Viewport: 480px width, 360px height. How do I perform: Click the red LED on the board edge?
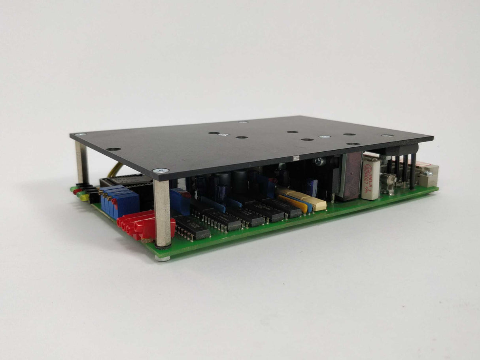pos(75,191)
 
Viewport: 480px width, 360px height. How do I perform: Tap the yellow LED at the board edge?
pos(83,198)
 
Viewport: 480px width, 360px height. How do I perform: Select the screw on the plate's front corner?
pos(161,170)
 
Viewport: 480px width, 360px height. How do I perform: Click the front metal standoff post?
pos(163,213)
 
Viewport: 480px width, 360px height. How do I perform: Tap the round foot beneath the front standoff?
pos(163,258)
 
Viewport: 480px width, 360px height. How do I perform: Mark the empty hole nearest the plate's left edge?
pos(114,149)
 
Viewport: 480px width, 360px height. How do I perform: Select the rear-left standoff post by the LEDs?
pos(82,162)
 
